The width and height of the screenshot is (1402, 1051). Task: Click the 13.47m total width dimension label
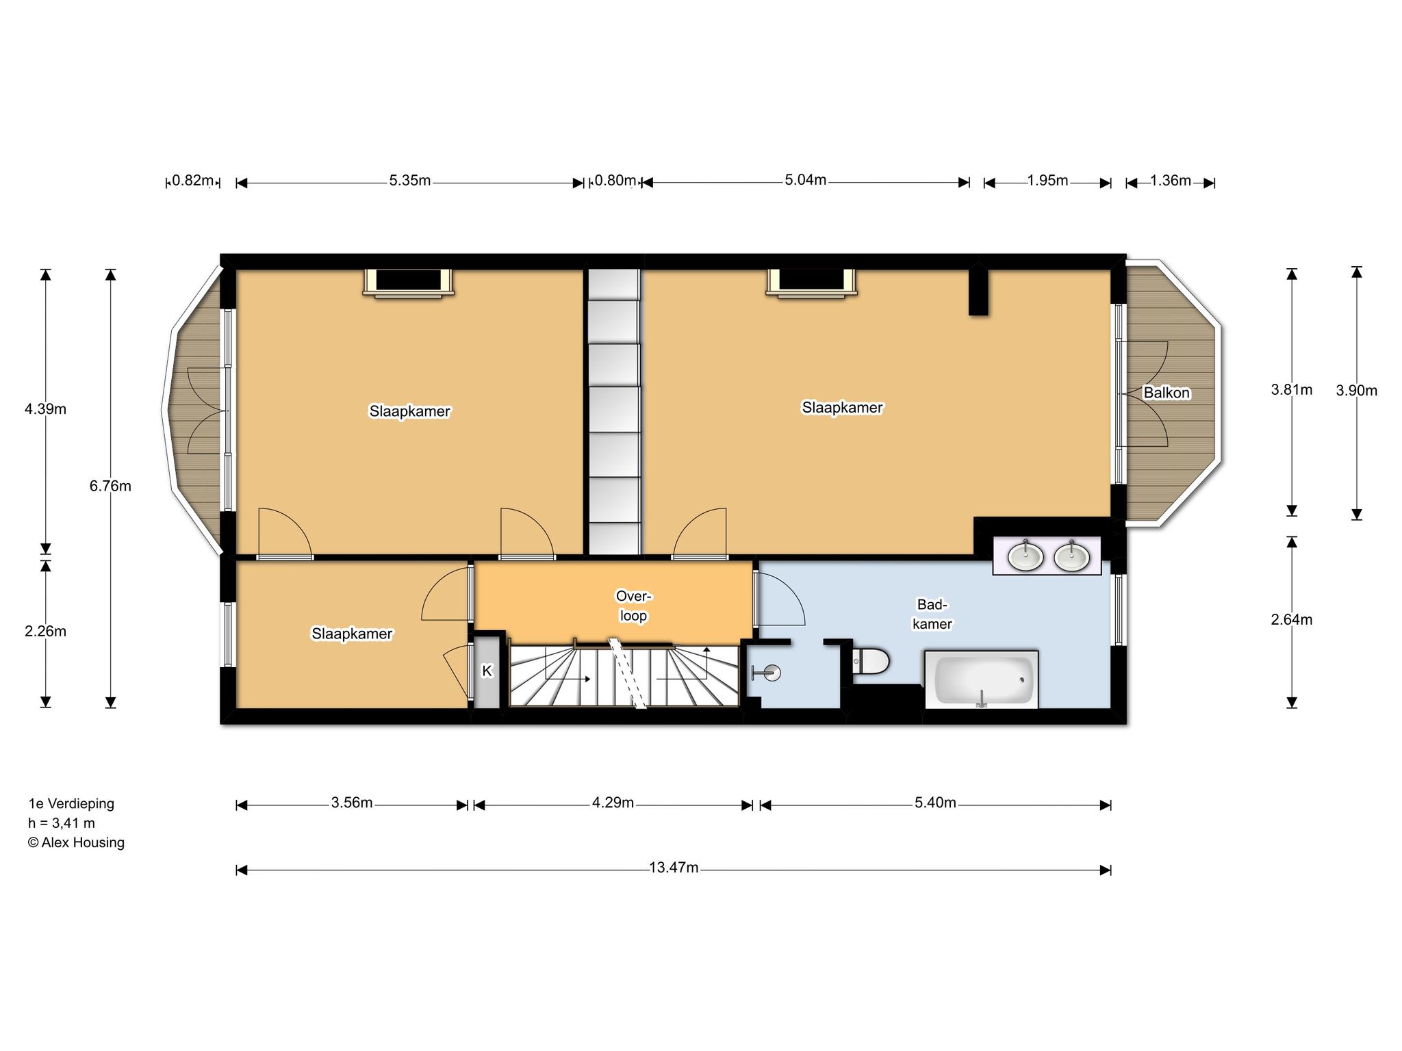point(674,868)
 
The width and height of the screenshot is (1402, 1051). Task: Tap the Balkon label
point(1167,393)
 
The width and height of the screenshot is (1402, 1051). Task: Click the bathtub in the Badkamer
point(982,679)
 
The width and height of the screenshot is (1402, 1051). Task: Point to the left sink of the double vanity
point(1025,556)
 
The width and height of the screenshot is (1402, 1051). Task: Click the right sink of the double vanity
point(1071,556)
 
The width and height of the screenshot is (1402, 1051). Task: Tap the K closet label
point(487,671)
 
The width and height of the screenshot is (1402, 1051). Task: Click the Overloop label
point(633,606)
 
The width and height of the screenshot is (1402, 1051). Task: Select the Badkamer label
point(932,614)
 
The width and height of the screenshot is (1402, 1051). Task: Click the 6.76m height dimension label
point(110,486)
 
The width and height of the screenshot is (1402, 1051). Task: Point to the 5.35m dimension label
point(410,181)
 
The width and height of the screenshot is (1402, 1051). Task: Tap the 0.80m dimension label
point(615,181)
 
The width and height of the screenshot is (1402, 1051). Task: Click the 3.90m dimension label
point(1356,390)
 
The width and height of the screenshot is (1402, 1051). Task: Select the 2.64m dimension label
point(1291,620)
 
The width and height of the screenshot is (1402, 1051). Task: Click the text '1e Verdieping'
point(71,803)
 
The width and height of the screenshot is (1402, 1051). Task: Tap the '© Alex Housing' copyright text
point(76,842)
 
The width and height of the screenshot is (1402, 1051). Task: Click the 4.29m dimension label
point(613,803)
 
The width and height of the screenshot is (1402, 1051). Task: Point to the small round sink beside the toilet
point(772,673)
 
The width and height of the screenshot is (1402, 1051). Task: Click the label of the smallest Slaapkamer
point(352,634)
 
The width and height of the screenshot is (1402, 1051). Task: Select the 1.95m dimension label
point(1047,181)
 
